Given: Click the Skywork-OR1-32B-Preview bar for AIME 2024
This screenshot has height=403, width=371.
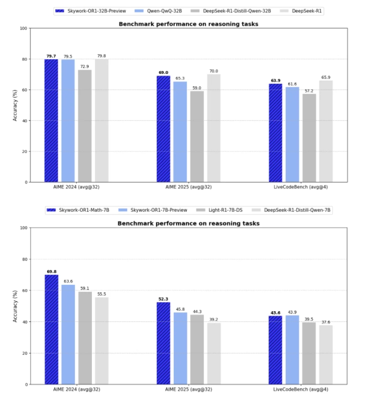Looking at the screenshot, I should pos(51,120).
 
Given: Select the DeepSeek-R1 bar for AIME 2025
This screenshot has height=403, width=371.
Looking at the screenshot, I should pos(214,128).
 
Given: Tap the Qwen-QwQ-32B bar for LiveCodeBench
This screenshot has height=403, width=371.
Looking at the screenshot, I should pos(293,134).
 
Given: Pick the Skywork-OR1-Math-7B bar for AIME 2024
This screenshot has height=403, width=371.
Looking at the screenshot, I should pos(51,329).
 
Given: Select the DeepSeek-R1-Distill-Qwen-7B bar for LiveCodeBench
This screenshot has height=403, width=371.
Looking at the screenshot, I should pos(326,355).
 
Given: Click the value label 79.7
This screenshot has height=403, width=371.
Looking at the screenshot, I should pos(51,56).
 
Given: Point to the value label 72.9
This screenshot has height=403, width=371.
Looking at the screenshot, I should pos(85,66).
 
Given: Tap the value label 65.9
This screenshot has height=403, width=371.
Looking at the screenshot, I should pos(326,77).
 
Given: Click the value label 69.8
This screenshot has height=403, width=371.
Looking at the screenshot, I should pos(51,271).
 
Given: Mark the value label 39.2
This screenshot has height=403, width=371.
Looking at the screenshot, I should pos(214,319).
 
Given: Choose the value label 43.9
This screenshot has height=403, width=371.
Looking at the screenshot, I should pos(293,312).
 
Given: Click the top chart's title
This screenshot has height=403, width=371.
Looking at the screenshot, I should pos(188,24).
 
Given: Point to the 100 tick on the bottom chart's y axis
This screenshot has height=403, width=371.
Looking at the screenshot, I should pos(23,228).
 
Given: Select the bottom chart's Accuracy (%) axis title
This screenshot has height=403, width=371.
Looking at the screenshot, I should pos(15,306).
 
